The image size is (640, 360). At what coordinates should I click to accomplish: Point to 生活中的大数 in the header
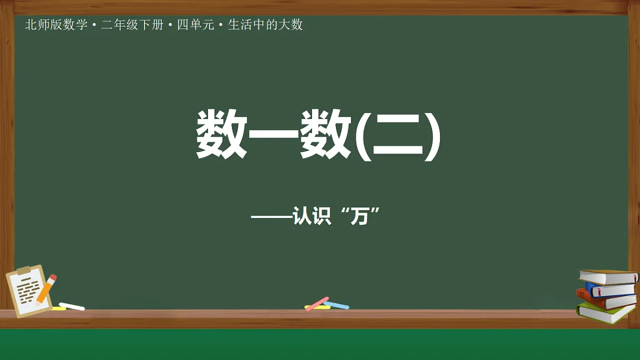click(x=265, y=25)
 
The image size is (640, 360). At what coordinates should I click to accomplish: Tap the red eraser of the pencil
click(x=52, y=278)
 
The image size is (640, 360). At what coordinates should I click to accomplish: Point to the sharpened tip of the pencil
click(x=37, y=303)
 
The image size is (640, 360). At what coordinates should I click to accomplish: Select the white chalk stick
click(x=72, y=306)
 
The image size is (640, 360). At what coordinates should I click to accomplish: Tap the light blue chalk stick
click(x=337, y=306)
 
